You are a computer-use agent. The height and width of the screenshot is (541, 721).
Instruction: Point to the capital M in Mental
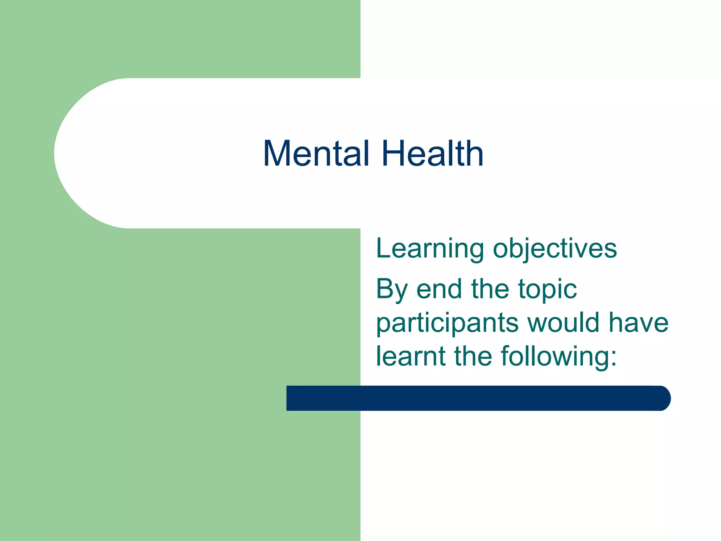click(276, 154)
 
